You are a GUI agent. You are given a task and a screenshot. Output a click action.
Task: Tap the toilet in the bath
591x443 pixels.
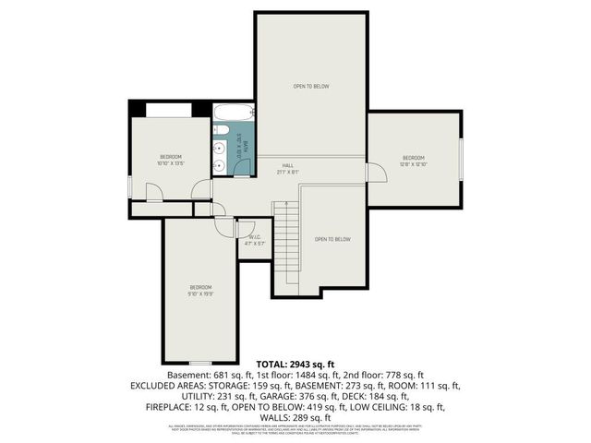pos(220,166)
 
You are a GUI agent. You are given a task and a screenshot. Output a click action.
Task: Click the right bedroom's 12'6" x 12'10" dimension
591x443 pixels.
pos(413,164)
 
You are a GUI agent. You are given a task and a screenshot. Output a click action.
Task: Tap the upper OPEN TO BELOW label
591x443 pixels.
pos(311,87)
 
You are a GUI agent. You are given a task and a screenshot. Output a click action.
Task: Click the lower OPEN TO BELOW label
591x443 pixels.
pos(332,239)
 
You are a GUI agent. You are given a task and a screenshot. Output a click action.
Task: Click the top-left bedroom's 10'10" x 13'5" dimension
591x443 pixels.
pos(170,163)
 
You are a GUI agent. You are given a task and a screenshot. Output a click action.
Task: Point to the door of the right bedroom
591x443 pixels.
pos(376,173)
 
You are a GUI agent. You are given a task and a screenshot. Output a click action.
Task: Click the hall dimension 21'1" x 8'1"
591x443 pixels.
pos(288,172)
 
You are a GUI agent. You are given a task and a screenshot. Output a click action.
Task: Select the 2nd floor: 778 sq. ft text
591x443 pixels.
pos(383,376)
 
